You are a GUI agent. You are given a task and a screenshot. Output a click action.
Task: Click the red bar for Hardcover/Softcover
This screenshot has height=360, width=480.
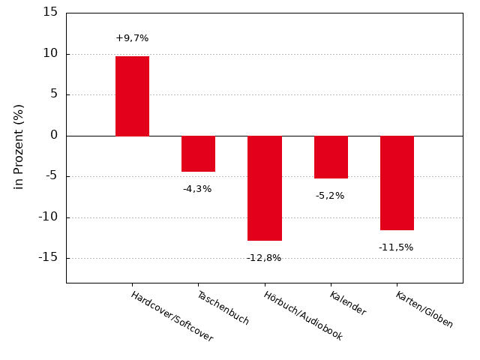[132, 96]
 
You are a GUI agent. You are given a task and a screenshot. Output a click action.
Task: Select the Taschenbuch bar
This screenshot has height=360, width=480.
[198, 154]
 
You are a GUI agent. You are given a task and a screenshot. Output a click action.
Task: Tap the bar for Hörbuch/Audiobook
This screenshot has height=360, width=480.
[265, 188]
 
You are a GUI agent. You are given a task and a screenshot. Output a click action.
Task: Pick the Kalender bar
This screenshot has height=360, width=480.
[331, 157]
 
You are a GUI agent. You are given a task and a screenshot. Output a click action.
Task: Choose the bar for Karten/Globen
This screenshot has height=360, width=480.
[397, 183]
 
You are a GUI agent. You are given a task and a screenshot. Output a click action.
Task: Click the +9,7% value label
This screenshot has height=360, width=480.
[132, 38]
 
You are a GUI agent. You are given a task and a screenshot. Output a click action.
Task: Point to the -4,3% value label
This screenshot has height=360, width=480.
[197, 189]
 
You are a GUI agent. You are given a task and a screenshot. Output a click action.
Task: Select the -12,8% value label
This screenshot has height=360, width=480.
[264, 258]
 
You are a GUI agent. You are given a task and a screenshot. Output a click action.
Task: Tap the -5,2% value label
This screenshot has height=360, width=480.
[330, 196]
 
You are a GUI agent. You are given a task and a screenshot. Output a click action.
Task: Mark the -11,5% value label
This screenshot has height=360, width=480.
[396, 247]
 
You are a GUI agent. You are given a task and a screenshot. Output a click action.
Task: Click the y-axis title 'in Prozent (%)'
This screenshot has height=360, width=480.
[19, 146]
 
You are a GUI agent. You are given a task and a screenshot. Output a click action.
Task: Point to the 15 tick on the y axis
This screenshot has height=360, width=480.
[50, 12]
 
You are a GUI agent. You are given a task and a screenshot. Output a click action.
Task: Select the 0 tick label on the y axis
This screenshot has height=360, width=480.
[54, 135]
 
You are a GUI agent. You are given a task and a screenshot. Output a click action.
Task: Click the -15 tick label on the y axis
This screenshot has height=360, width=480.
[48, 257]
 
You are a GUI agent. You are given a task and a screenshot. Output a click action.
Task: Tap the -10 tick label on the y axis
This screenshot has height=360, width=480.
[48, 217]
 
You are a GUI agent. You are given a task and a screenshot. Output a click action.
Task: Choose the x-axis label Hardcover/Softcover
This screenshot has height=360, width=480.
[172, 316]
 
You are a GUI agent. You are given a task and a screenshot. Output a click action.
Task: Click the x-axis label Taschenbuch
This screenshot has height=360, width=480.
[223, 307]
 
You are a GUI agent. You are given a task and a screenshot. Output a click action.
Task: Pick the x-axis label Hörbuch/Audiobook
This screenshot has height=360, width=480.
[303, 316]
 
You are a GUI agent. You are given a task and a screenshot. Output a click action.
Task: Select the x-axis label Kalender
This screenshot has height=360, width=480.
[347, 303]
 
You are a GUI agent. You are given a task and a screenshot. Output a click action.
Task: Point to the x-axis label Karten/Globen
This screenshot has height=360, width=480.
[424, 310]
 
